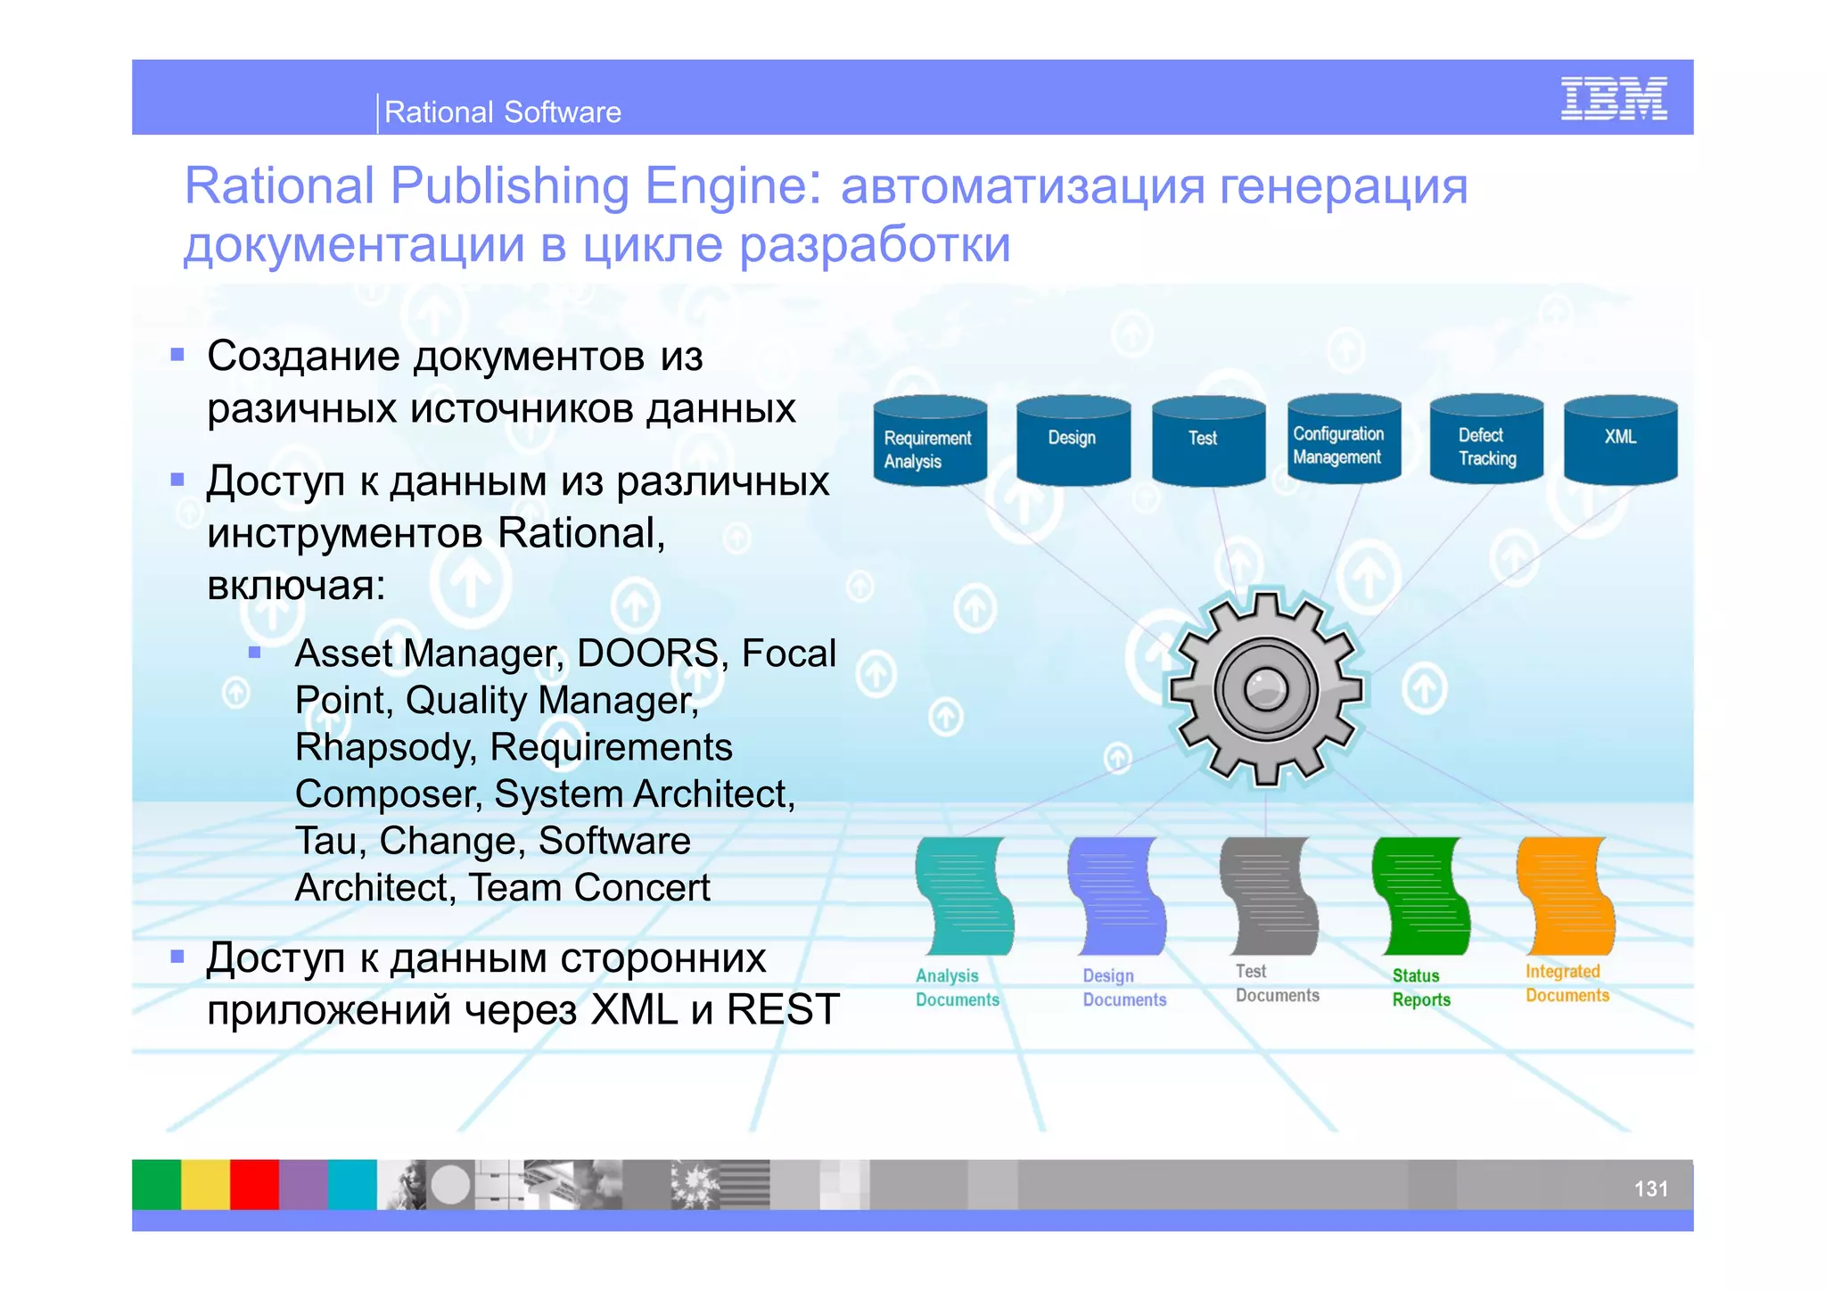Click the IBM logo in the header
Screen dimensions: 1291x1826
1614,98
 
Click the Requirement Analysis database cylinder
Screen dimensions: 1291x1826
930,442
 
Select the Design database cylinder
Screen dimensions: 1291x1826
1073,440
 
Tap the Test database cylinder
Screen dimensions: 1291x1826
1208,441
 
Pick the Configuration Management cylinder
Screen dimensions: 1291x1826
1344,440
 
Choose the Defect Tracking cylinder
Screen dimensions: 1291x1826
1486,440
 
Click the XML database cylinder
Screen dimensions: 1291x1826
1620,440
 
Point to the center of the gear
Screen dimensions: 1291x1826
1266,689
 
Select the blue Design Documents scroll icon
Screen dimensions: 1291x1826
1117,896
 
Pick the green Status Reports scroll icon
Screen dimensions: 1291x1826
1421,896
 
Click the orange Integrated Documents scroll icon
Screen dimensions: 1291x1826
1567,896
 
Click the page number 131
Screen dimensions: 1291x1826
1650,1188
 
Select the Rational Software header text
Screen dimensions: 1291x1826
502,112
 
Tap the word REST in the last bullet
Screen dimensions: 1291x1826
783,1010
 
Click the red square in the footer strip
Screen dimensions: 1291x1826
254,1184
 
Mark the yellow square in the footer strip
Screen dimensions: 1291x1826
205,1184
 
